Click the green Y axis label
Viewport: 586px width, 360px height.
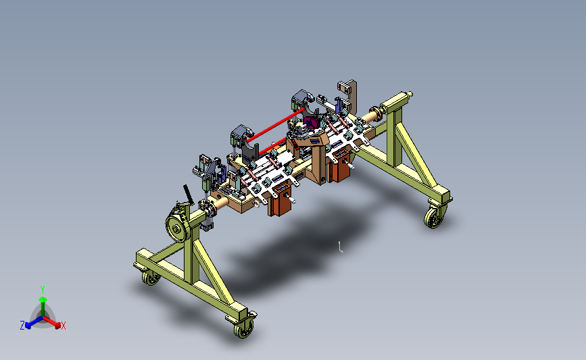43,290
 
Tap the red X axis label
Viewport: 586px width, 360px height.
64,326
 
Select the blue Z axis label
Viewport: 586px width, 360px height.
22,326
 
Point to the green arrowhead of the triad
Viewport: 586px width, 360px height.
43,299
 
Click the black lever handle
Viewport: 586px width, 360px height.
188,195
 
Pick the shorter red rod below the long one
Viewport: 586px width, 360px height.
272,146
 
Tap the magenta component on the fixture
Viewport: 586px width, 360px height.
311,122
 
